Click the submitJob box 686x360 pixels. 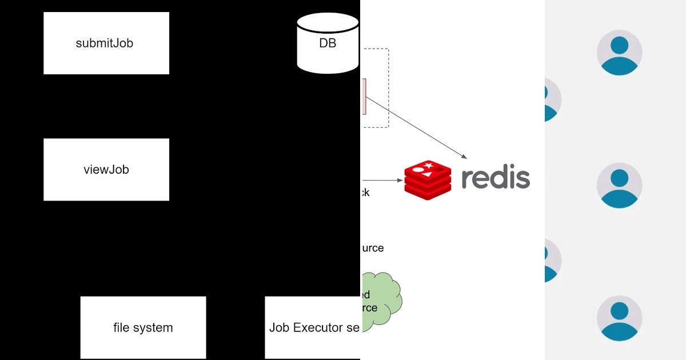coord(106,43)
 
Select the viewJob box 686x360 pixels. coord(106,169)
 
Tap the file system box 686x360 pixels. coord(143,327)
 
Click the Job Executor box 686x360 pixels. coord(312,327)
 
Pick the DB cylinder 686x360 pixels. coord(328,45)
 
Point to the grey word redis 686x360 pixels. coord(495,179)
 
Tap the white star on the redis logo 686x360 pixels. coord(428,166)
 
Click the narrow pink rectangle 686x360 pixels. coord(364,97)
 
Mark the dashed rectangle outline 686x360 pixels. coord(388,86)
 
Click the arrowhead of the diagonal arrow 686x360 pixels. coord(465,157)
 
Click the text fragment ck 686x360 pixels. coord(364,193)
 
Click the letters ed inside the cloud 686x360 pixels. coord(365,295)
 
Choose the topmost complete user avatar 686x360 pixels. coord(619,53)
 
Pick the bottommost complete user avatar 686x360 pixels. coord(619,318)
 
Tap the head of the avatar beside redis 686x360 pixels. coord(619,178)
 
